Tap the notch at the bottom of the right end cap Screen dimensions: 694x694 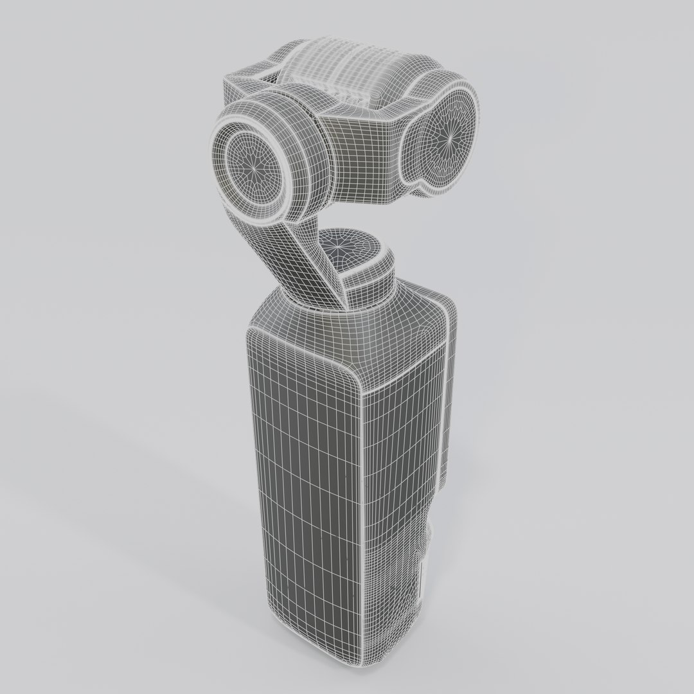pyautogui.click(x=425, y=186)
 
